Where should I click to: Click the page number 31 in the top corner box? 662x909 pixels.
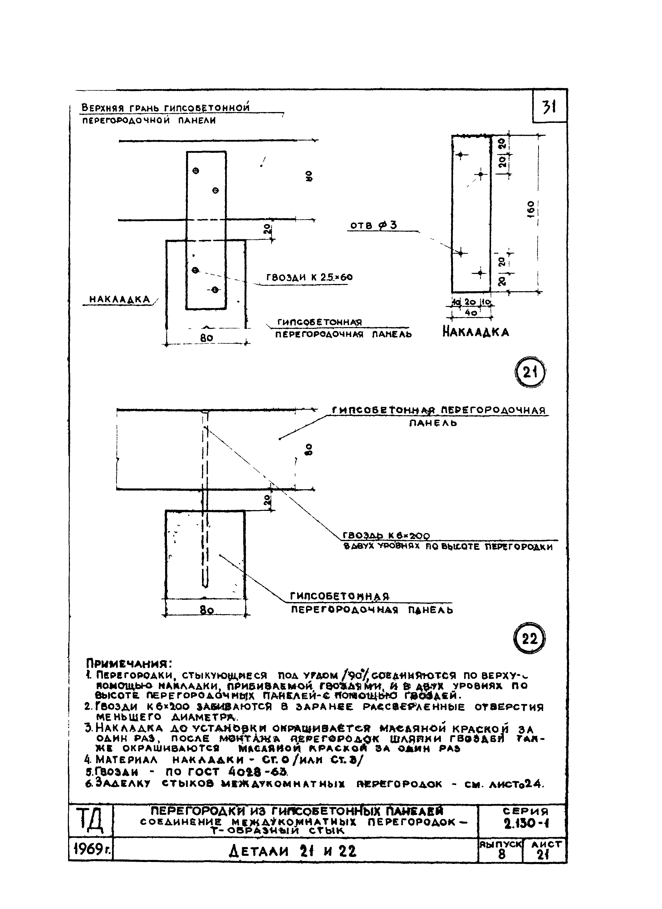click(549, 107)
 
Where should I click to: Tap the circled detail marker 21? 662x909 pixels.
click(530, 373)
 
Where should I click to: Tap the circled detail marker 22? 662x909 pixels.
click(530, 638)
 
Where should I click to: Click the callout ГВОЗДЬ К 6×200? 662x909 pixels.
click(386, 536)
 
